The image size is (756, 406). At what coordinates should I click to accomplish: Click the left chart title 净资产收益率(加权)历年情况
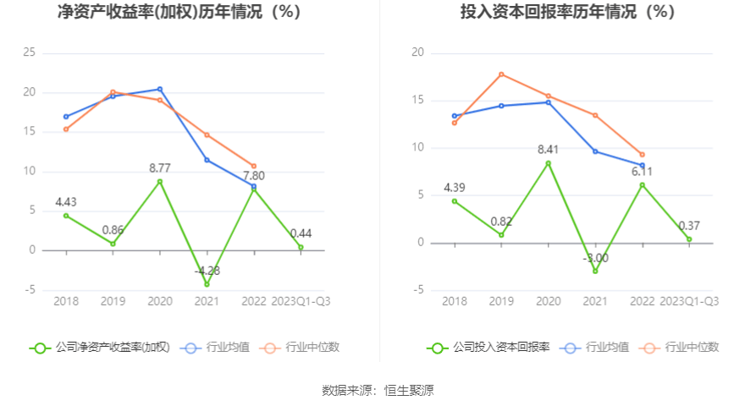[x=179, y=13]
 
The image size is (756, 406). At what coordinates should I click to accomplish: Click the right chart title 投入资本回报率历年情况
[x=567, y=13]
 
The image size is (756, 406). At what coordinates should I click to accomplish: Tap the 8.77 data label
[x=160, y=167]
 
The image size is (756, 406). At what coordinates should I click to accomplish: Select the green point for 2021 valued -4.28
[x=207, y=284]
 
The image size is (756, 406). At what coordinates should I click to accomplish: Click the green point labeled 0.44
[x=301, y=247]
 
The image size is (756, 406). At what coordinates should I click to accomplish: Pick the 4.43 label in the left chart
[x=67, y=201]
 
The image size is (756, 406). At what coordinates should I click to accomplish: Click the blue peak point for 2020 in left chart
[x=160, y=89]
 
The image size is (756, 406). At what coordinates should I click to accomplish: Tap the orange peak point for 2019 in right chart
[x=501, y=74]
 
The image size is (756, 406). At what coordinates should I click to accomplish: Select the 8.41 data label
[x=549, y=150]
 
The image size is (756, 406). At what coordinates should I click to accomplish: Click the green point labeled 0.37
[x=689, y=239]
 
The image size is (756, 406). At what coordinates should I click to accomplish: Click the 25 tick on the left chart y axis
[x=29, y=52]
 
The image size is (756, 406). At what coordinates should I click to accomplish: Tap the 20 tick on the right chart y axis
[x=417, y=52]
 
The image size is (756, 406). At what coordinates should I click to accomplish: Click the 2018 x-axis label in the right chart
[x=455, y=301]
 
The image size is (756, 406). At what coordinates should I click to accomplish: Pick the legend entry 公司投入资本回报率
[x=490, y=347]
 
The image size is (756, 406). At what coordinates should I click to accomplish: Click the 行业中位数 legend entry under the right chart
[x=682, y=347]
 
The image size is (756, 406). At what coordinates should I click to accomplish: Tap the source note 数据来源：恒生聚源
[x=378, y=390]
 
